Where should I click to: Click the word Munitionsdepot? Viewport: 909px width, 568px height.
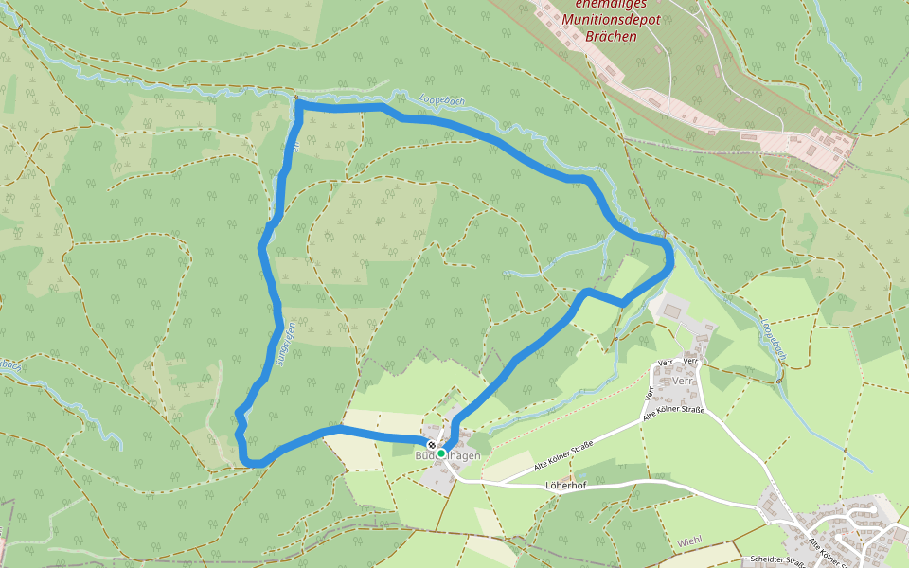[x=612, y=20]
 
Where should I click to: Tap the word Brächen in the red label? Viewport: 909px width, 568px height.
[x=612, y=36]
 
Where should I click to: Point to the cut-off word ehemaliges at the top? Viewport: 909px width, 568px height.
[x=612, y=4]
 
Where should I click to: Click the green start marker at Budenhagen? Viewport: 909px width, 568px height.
[x=441, y=453]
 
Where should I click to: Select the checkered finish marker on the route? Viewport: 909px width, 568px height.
[x=432, y=445]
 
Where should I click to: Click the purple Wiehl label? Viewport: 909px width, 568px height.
[x=690, y=541]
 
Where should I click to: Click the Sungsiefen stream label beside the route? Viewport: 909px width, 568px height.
[x=280, y=345]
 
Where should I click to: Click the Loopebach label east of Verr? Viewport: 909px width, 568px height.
[x=773, y=340]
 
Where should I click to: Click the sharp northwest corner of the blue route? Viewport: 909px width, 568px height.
[x=299, y=105]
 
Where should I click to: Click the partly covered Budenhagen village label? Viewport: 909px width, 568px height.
[x=448, y=455]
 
